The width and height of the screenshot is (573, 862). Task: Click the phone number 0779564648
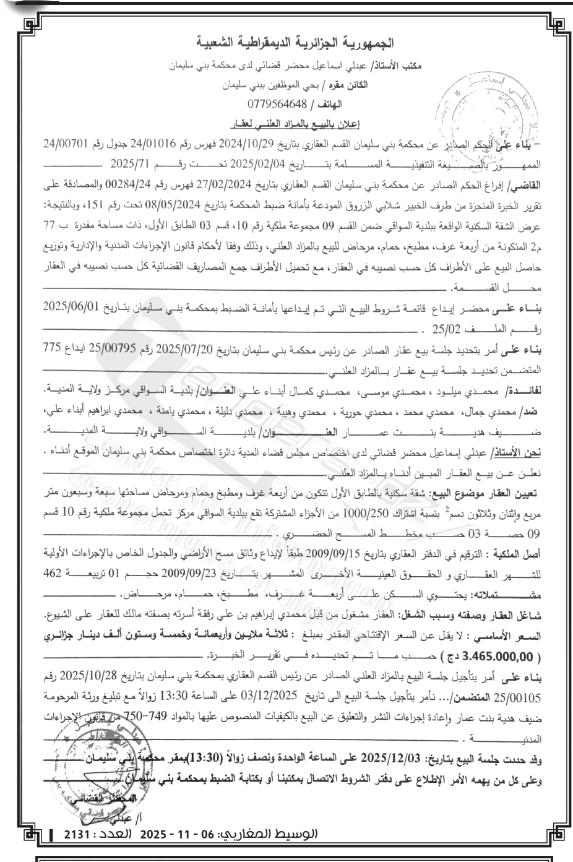pyautogui.click(x=277, y=103)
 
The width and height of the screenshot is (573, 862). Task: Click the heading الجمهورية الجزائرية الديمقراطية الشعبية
pyautogui.click(x=293, y=43)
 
